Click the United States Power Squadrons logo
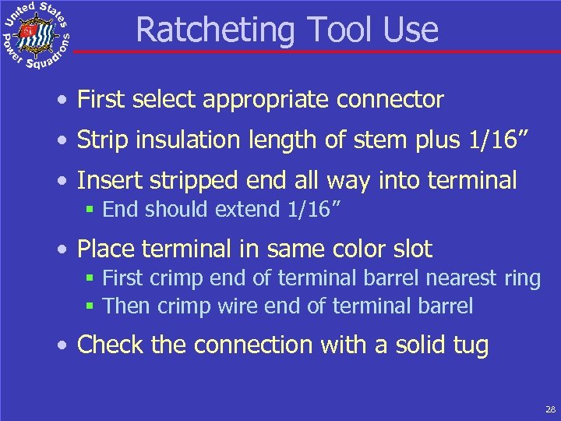click(x=36, y=35)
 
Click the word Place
click(x=105, y=249)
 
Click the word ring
click(x=521, y=278)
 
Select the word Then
click(x=127, y=306)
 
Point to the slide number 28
click(x=549, y=409)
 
